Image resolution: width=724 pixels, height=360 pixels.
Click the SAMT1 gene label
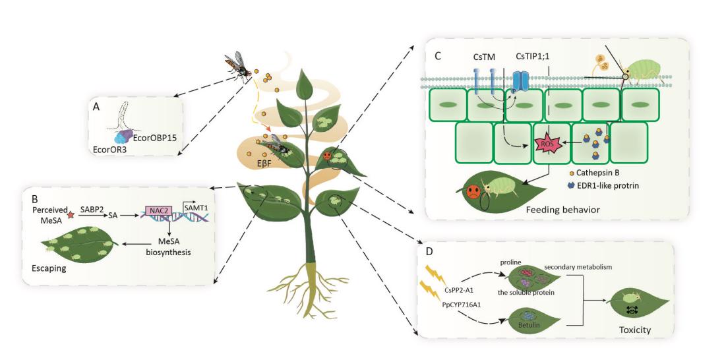pyautogui.click(x=193, y=208)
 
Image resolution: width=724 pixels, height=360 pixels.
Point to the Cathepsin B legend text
pyautogui.click(x=604, y=173)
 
